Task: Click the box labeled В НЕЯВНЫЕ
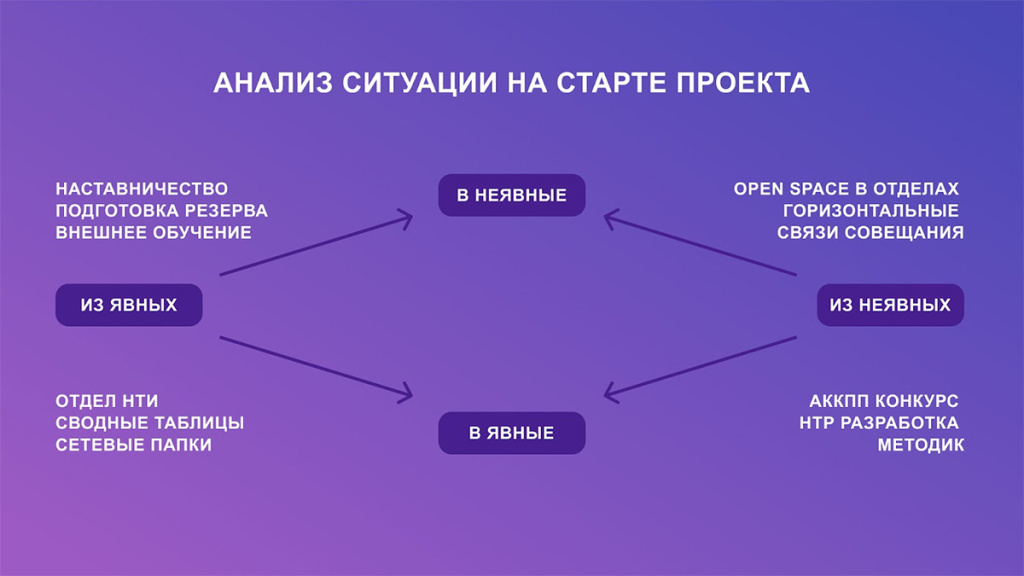[511, 195]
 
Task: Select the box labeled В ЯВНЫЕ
[511, 433]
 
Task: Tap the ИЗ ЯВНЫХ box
[129, 305]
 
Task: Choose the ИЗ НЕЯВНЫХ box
[890, 305]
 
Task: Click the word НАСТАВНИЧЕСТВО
[142, 189]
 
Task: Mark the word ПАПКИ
[180, 445]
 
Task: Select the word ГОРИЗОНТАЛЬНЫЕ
[871, 211]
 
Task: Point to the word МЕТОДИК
[921, 445]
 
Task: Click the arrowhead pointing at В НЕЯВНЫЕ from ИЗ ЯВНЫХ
[405, 217]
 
